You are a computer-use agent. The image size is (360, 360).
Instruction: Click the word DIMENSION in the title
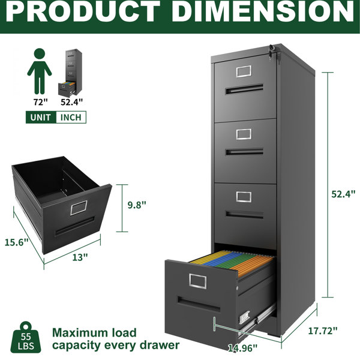[263, 11]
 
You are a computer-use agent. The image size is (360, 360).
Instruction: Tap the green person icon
[40, 71]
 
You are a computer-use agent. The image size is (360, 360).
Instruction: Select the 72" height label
[40, 102]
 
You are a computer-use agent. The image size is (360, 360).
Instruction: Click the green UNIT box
[41, 117]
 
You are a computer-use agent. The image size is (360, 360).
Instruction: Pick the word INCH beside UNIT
[71, 118]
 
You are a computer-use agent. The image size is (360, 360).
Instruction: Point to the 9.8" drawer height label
[137, 205]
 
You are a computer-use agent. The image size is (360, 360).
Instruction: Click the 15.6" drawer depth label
[16, 242]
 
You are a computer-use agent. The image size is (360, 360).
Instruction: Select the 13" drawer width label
[80, 257]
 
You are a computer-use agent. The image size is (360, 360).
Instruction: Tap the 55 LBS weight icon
[26, 337]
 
